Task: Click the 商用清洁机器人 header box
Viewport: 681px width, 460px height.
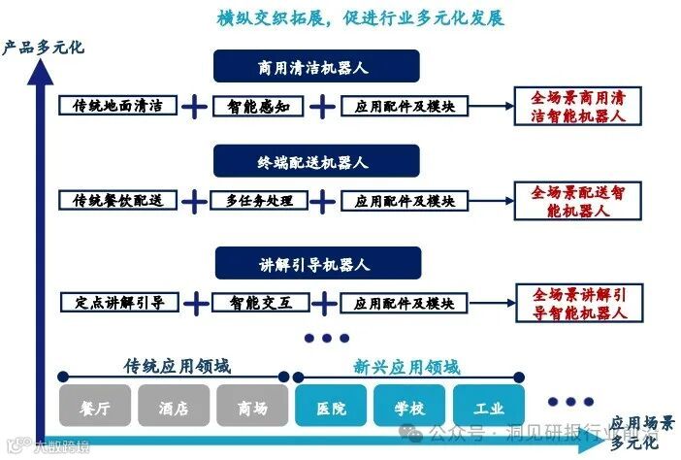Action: [x=316, y=67]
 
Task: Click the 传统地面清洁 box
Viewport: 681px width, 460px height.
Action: [x=117, y=106]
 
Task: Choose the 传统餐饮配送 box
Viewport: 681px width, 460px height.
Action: [x=117, y=201]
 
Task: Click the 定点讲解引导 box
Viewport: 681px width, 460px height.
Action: [x=117, y=303]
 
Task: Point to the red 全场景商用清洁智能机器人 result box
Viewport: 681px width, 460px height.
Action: [x=577, y=106]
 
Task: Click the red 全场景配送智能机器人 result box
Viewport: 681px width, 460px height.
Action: [x=577, y=201]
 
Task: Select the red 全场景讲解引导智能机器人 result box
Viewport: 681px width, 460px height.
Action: [x=577, y=303]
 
